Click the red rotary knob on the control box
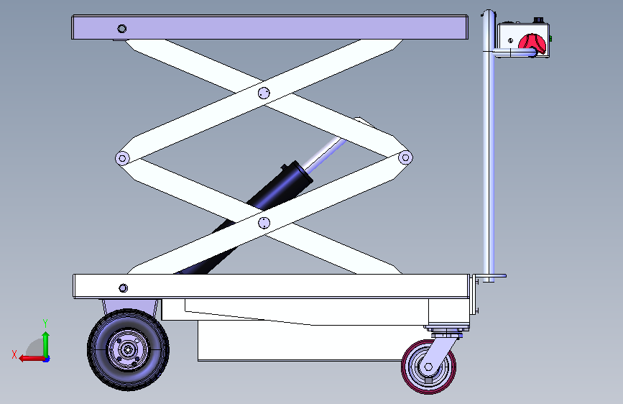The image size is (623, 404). click(532, 44)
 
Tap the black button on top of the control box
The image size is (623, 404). click(538, 20)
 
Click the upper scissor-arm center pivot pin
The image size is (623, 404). click(264, 93)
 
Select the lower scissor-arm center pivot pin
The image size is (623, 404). click(264, 223)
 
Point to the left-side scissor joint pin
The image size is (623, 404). click(122, 158)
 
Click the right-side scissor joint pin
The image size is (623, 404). click(405, 157)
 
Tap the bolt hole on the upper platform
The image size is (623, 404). click(122, 29)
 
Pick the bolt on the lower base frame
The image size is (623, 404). click(123, 288)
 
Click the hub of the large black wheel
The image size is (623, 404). click(128, 349)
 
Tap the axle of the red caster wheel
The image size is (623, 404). click(428, 367)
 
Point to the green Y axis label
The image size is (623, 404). click(45, 323)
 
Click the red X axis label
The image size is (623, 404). click(14, 354)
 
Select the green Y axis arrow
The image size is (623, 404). click(46, 344)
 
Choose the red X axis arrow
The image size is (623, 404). click(32, 359)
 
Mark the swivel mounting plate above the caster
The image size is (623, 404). click(447, 329)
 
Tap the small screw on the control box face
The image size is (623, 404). click(510, 40)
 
